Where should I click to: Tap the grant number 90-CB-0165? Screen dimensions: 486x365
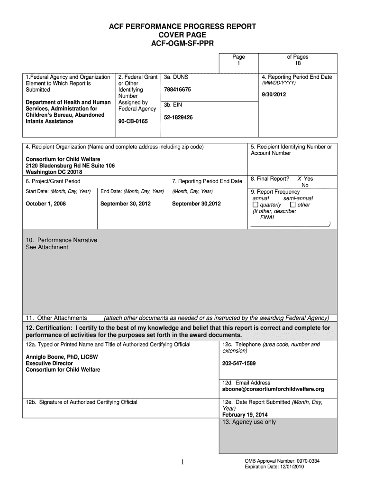click(133, 121)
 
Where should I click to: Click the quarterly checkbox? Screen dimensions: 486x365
click(255, 205)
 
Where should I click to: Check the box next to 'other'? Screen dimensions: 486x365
click(292, 205)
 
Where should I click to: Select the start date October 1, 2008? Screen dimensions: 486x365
click(46, 204)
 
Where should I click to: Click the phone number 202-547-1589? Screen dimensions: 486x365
click(239, 364)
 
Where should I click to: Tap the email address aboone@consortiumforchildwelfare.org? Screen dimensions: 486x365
click(273, 389)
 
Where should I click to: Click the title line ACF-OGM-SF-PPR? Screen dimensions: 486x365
click(182, 43)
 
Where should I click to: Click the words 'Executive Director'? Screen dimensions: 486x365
click(49, 364)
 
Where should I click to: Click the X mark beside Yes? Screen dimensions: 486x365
click(300, 179)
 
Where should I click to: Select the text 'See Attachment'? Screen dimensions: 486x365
click(47, 247)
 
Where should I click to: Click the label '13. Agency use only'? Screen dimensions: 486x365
click(249, 422)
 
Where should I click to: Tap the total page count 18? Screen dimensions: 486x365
click(298, 64)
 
